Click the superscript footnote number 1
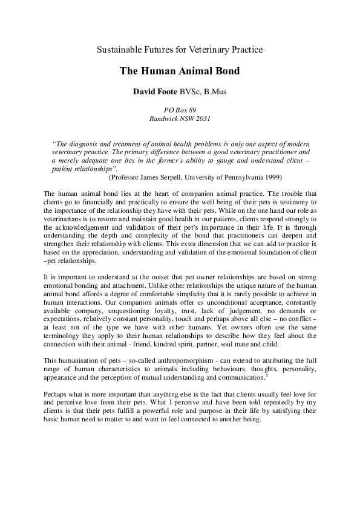click(x=267, y=375)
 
